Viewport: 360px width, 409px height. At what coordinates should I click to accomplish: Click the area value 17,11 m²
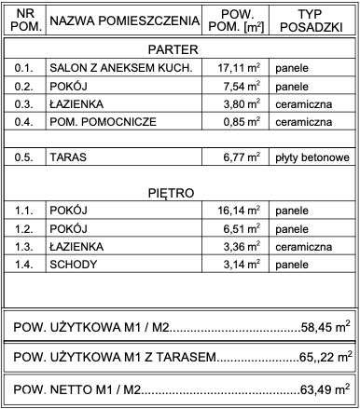point(236,68)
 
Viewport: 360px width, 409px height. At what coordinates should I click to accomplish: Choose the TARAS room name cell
point(70,158)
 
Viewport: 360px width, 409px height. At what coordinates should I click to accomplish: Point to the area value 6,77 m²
point(240,158)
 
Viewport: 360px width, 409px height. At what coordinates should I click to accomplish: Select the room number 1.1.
point(24,211)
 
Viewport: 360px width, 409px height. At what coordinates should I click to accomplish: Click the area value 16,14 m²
point(236,211)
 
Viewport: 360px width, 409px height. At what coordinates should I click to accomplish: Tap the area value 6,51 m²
point(240,229)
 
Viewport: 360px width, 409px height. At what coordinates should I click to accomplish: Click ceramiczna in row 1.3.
point(304,247)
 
